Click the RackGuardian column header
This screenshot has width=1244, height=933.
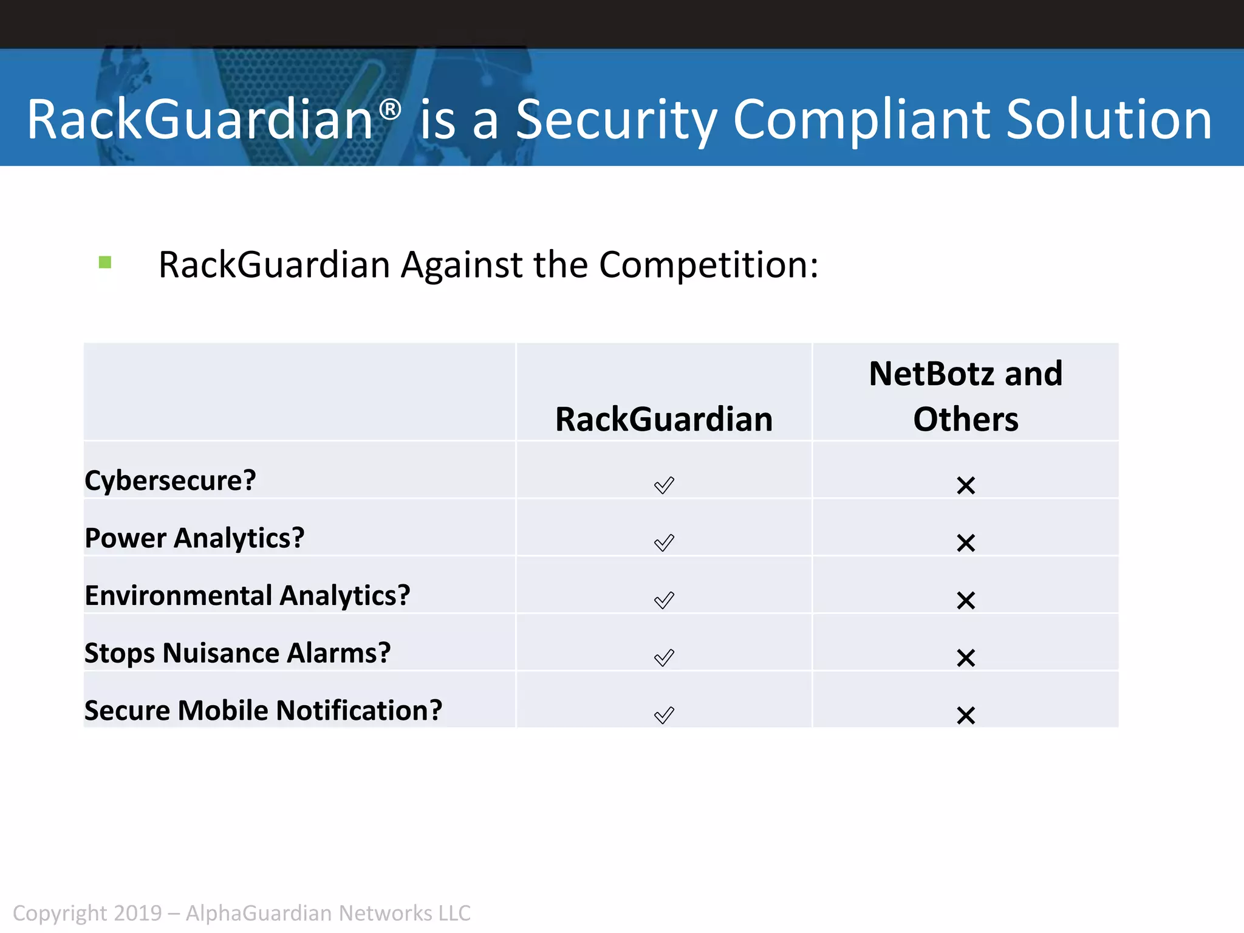tap(664, 420)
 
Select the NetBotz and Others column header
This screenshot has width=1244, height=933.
tap(966, 396)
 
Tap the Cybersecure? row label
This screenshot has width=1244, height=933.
tap(170, 480)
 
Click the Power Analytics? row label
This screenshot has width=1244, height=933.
tap(194, 538)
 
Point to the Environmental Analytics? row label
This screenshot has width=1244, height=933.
tap(247, 595)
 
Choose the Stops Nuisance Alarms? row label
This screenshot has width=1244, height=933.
tap(238, 653)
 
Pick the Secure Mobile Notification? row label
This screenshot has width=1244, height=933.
tap(263, 711)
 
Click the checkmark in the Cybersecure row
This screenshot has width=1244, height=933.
tap(664, 485)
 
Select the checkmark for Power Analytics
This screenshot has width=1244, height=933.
tap(664, 542)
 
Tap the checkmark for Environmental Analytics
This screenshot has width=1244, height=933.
tap(664, 600)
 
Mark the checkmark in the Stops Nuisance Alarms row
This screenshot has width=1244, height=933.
tap(664, 657)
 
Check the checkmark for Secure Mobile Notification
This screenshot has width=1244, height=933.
tap(664, 715)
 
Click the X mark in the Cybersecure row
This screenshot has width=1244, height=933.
tap(966, 485)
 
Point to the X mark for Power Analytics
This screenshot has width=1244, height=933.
tap(966, 542)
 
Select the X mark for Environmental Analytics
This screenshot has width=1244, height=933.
tap(966, 600)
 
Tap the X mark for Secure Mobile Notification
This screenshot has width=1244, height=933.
tap(966, 715)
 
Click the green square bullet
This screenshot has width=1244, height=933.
tap(105, 262)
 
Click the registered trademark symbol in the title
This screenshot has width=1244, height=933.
tap(390, 110)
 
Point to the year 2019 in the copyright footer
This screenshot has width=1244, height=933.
tap(138, 913)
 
